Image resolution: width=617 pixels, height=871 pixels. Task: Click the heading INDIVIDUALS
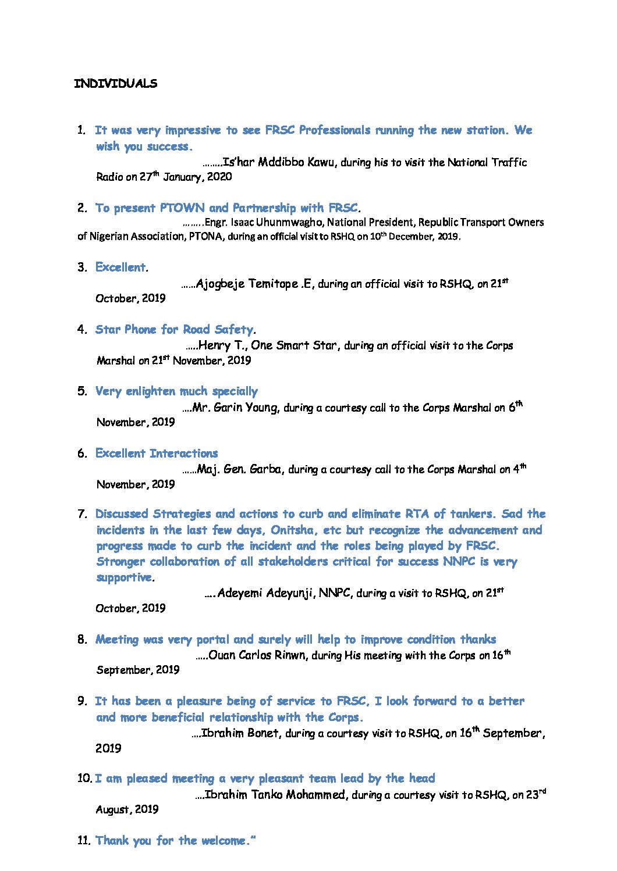(x=115, y=84)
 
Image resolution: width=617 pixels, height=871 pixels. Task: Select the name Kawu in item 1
(x=321, y=162)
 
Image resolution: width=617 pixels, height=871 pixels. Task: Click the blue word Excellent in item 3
(x=120, y=267)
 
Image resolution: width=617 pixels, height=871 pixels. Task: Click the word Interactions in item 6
(x=183, y=454)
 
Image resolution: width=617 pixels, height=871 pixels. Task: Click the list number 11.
(x=83, y=841)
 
